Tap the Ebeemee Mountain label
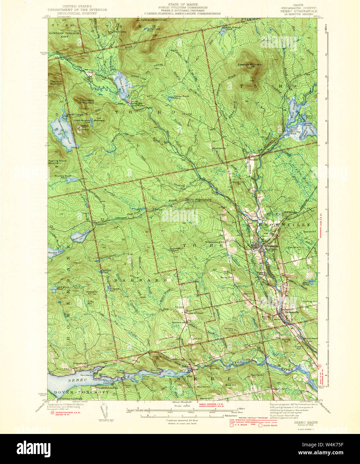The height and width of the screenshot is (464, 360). click(250, 64)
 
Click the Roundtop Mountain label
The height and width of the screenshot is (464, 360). click(83, 101)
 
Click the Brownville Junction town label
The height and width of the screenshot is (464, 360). click(269, 247)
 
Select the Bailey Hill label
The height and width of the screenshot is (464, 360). click(226, 277)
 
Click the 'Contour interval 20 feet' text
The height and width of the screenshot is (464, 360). click(182, 420)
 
